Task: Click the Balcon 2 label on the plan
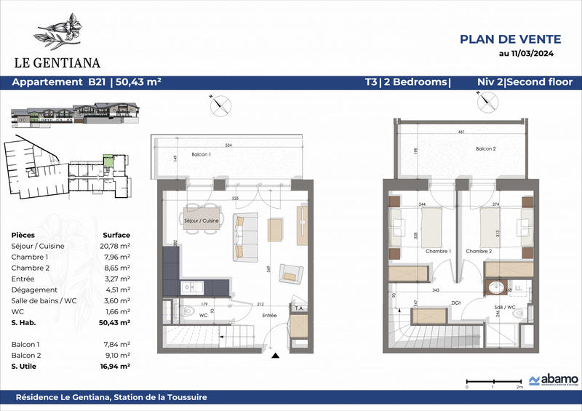pyautogui.click(x=486, y=149)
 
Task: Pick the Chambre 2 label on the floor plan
pyautogui.click(x=479, y=252)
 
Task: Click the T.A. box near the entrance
pyautogui.click(x=298, y=308)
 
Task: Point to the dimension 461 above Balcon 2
pyautogui.click(x=461, y=133)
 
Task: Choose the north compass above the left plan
pyautogui.click(x=219, y=105)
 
